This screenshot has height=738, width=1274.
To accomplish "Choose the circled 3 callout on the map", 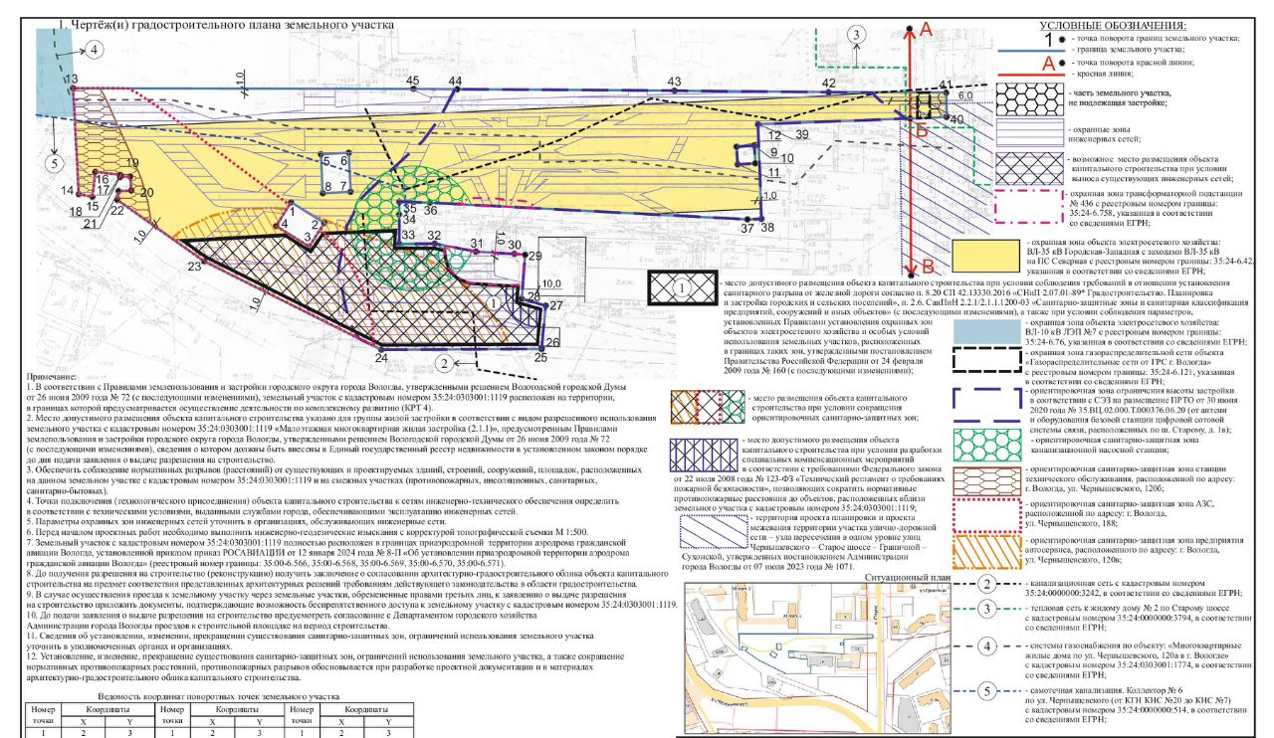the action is coord(857,35).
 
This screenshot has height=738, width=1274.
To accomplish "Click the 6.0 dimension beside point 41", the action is coord(965,95).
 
